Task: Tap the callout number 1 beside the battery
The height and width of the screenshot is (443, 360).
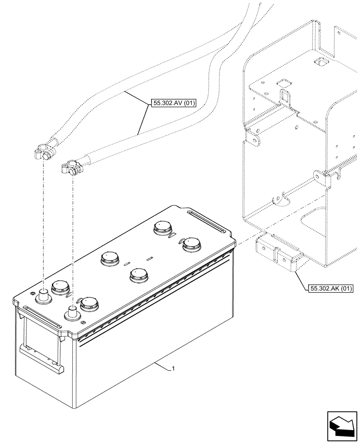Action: (173, 369)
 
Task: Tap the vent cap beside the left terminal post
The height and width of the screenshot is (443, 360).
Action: (59, 288)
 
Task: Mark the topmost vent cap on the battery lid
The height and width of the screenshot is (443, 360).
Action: (162, 228)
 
